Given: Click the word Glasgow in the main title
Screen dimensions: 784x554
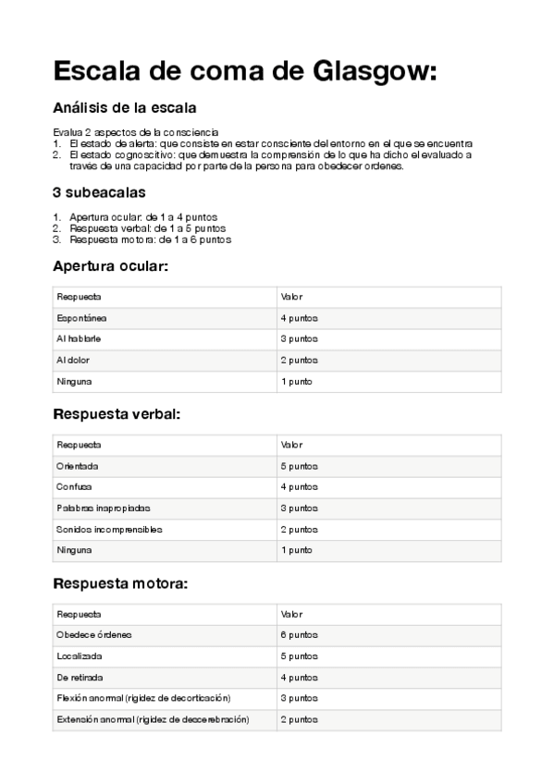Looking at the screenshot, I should coord(362,71).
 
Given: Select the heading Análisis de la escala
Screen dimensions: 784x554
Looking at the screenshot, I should coord(124,108).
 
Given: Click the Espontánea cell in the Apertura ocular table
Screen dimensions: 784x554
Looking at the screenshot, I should coord(82,318).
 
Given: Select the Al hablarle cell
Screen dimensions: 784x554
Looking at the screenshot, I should coord(80,339).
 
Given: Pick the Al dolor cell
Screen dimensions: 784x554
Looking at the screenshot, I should coord(73,361).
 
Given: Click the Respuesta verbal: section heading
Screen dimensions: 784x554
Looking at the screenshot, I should coord(117,413).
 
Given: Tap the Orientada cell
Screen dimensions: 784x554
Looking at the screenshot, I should coord(78,466).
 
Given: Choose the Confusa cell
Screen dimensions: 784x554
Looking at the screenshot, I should coord(75,487).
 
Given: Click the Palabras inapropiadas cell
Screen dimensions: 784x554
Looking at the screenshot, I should coord(104,508).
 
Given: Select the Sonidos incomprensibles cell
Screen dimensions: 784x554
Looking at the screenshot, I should coord(109,530).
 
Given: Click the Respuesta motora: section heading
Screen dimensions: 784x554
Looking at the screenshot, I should coord(120,583).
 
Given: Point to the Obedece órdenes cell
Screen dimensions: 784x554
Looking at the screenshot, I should coord(94,635).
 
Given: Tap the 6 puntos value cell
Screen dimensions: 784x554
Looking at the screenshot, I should coord(299,635).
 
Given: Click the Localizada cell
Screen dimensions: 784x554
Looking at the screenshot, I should coord(80,656).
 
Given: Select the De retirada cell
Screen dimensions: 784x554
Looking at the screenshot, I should coord(80,678).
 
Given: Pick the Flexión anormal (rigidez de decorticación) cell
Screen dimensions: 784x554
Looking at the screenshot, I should coord(143,698).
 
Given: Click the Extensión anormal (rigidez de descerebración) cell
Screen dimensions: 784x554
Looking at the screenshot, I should coord(153,719).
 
